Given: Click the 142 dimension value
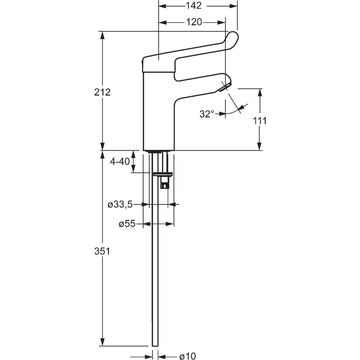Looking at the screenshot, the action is coord(194,6).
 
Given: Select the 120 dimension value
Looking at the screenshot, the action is coord(194,22).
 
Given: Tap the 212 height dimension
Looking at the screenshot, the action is coord(102,92).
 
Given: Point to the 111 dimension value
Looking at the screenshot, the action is coord(260,121).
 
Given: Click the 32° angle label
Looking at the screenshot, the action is coord(207,114).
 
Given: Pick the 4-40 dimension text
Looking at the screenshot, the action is coord(120,161).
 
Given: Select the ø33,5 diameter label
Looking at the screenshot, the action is coord(120,204).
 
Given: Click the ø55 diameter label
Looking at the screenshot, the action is coord(127,224).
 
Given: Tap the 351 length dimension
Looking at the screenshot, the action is coord(102,251).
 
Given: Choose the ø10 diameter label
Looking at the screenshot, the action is coord(187,356).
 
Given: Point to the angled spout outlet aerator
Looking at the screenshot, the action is coord(225,88).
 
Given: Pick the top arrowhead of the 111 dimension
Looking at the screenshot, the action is coord(259,93).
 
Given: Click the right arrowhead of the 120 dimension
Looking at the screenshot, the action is coord(221,23).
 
